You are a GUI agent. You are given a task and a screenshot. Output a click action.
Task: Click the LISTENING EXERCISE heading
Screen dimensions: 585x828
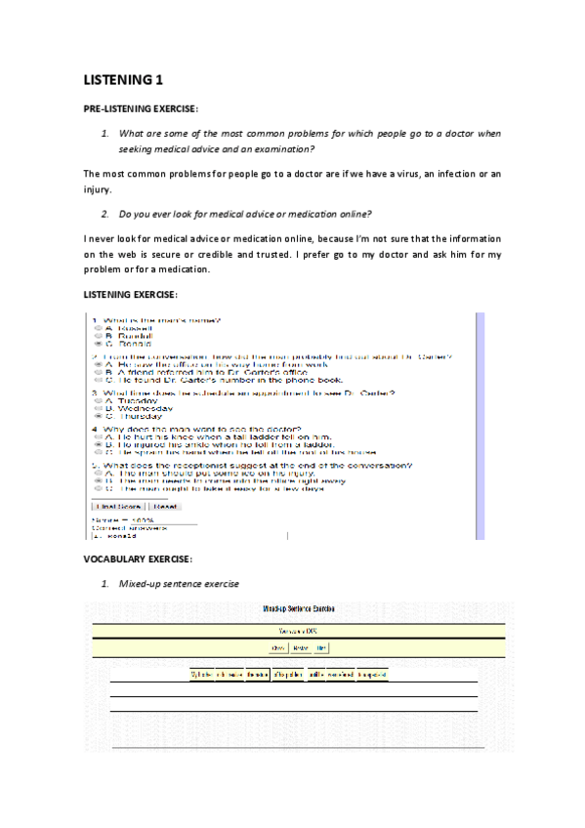[131, 294]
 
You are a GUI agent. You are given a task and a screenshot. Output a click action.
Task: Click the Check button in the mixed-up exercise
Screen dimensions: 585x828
[277, 647]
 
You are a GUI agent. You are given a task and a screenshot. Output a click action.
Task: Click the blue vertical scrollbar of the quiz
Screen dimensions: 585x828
[480, 426]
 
